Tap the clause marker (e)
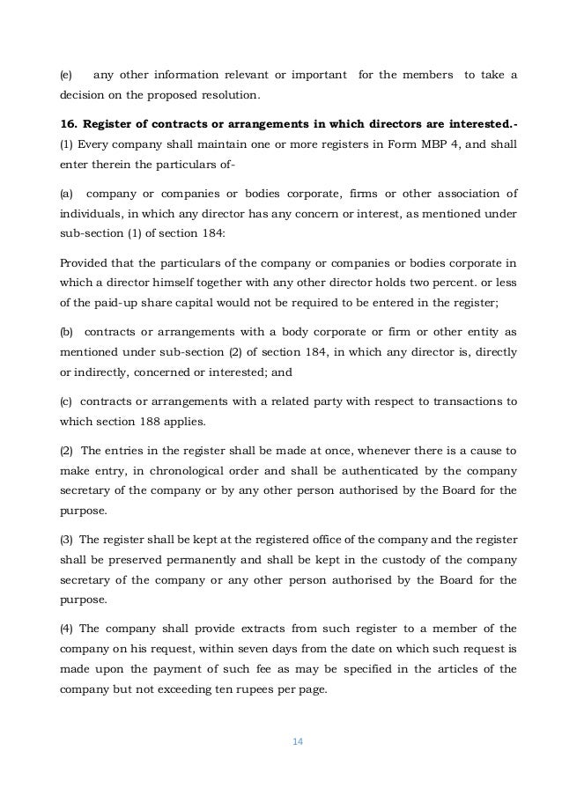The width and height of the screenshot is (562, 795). coord(66,77)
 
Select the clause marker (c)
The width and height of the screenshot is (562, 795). coord(66,401)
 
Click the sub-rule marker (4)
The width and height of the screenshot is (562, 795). coord(66,629)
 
